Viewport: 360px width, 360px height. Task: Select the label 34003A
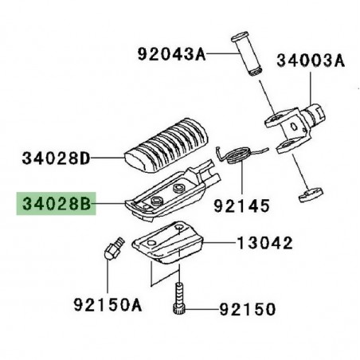pos(311,60)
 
